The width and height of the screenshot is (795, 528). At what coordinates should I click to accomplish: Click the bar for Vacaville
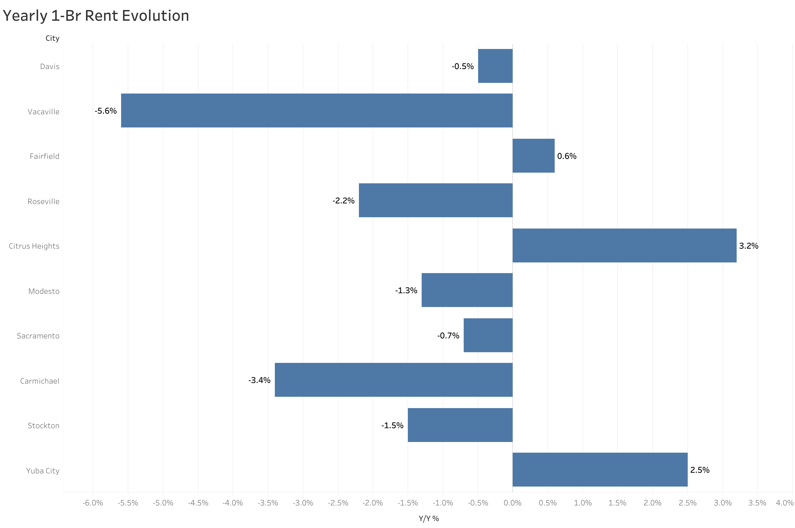tap(316, 110)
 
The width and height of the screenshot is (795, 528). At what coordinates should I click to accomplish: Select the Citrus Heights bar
tap(624, 245)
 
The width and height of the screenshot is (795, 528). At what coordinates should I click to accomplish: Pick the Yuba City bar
tap(600, 469)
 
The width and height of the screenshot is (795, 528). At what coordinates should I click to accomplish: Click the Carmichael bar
tap(393, 380)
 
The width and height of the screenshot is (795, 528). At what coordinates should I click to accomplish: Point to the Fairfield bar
tap(533, 156)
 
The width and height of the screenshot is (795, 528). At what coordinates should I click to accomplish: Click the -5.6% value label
tap(106, 111)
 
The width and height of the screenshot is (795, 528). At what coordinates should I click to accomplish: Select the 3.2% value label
tap(748, 246)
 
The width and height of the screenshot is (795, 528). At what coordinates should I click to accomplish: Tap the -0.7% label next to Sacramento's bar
tap(448, 335)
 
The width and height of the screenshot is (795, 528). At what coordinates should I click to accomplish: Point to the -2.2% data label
tap(343, 201)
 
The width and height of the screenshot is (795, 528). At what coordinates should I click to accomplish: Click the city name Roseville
tap(43, 201)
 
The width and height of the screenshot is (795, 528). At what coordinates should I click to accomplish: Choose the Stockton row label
tap(43, 426)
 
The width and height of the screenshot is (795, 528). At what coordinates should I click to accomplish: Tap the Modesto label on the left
tap(44, 291)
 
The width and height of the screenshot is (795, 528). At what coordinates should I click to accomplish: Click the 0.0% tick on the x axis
tap(512, 503)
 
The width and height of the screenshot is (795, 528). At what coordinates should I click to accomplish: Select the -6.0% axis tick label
tap(93, 503)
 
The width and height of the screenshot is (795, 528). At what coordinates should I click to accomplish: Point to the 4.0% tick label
tap(784, 503)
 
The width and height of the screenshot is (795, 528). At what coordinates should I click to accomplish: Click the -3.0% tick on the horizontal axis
tap(303, 503)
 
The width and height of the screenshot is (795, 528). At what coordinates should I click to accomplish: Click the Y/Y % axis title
tap(429, 519)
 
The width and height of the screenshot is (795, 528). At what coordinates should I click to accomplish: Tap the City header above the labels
tap(52, 38)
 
